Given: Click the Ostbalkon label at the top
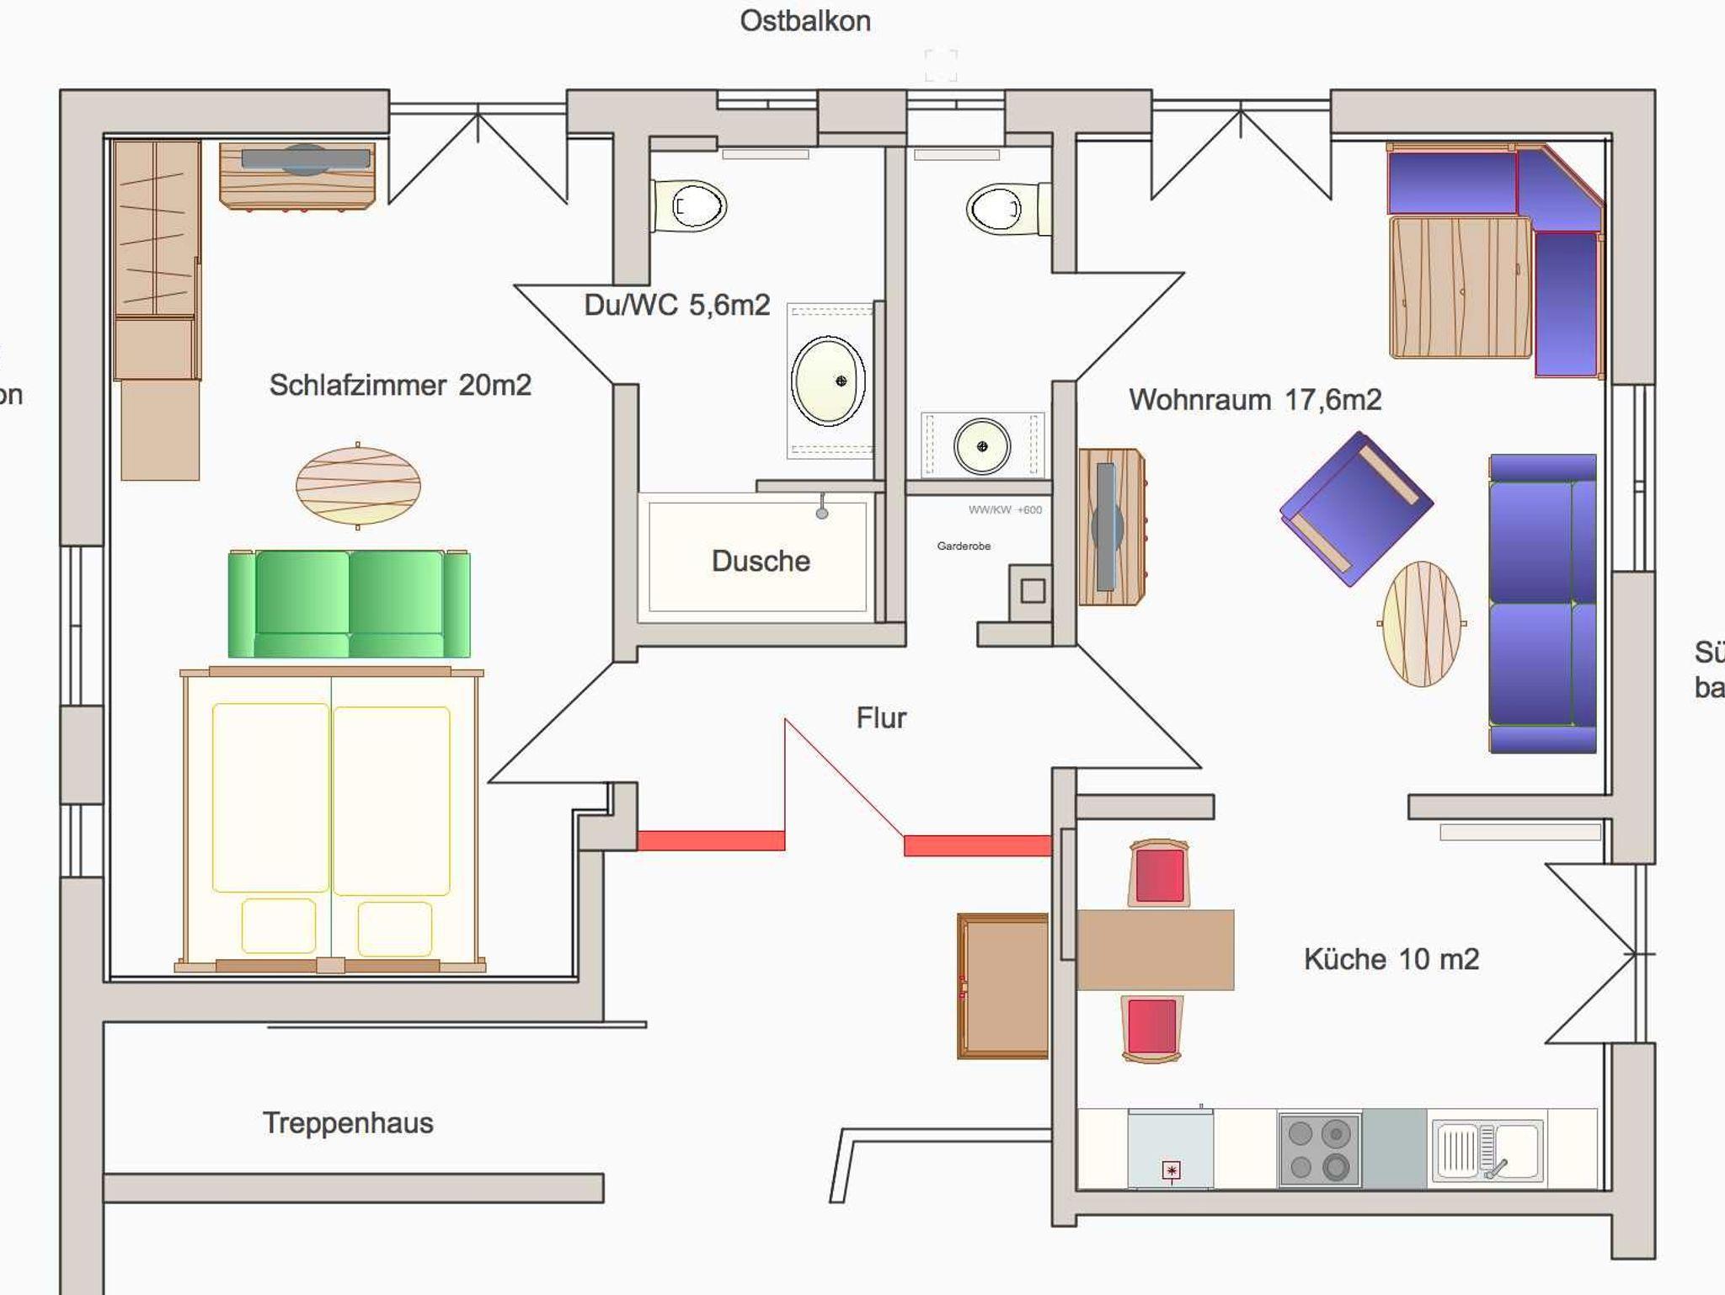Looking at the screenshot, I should [x=804, y=21].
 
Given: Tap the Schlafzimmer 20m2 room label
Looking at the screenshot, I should [x=400, y=386].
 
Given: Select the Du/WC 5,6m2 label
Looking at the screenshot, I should [x=676, y=305].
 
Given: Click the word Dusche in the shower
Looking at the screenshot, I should [x=761, y=561].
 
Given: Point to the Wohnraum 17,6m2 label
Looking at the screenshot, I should [x=1254, y=399].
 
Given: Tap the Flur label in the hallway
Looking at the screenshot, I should [x=881, y=717].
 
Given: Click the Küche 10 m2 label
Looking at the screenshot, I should [x=1391, y=959].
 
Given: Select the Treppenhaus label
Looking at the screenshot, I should [x=348, y=1122].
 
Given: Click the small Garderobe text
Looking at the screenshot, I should [x=964, y=546].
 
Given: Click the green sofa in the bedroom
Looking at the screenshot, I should [x=349, y=604].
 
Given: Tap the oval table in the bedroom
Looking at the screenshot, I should [x=358, y=486].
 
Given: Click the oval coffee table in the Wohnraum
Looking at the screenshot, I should [x=1422, y=624].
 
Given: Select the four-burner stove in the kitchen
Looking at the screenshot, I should [x=1319, y=1149].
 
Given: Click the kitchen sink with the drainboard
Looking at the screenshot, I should [x=1487, y=1150].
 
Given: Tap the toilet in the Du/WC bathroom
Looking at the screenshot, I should [x=691, y=205].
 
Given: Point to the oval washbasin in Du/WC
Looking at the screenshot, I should [x=828, y=381].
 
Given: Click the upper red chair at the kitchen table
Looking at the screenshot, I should [x=1160, y=873].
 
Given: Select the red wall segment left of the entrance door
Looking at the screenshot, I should [x=711, y=840].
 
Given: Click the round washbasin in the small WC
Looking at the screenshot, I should [x=982, y=446].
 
